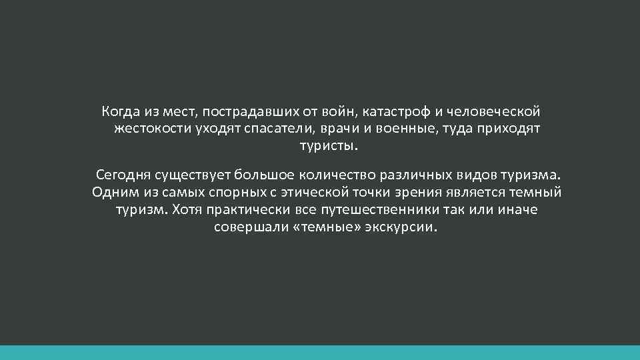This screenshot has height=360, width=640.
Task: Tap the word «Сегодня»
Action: [123, 175]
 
